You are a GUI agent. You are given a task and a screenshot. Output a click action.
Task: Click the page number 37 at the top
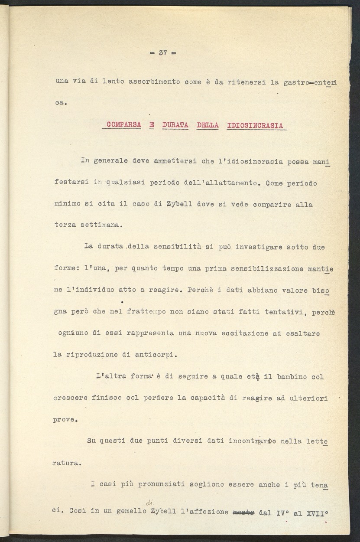(x=163, y=53)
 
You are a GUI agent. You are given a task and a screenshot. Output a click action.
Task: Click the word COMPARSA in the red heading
(x=123, y=125)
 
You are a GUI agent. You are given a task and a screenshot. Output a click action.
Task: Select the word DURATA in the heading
(x=175, y=125)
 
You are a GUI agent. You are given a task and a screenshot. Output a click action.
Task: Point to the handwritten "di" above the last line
(x=149, y=503)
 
